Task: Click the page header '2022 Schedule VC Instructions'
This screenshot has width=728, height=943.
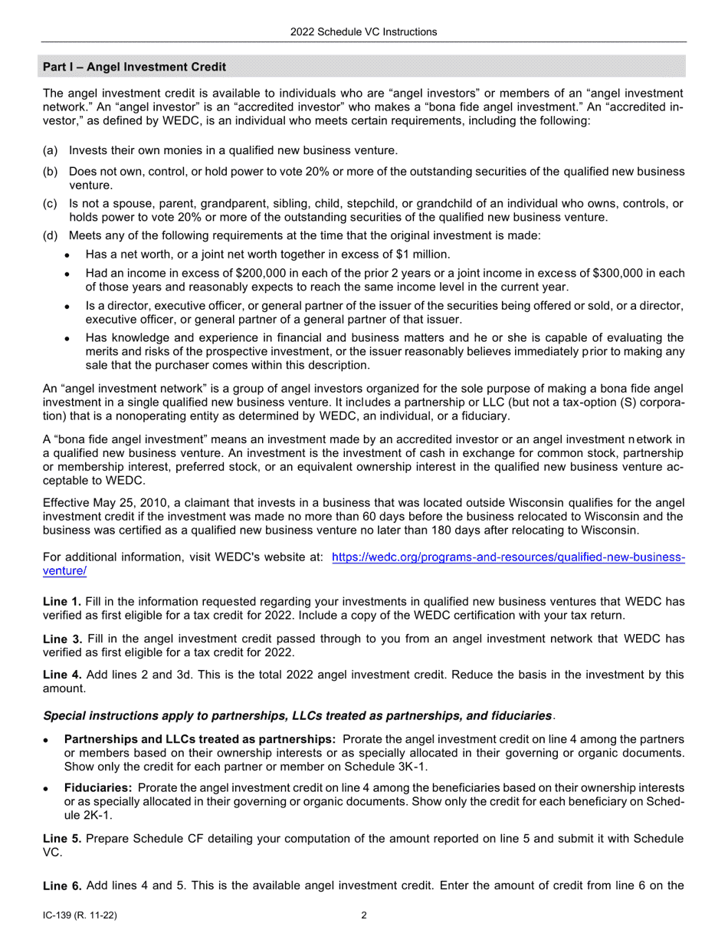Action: point(363,31)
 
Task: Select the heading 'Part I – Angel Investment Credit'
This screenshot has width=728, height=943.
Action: point(134,67)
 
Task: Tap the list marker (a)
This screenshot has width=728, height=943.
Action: point(50,151)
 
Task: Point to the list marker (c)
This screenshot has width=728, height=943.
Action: point(50,204)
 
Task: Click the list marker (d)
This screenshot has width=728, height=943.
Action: point(50,236)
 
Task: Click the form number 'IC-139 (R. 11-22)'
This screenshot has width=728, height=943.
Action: point(80,915)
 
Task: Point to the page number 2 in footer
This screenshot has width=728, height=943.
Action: point(364,915)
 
